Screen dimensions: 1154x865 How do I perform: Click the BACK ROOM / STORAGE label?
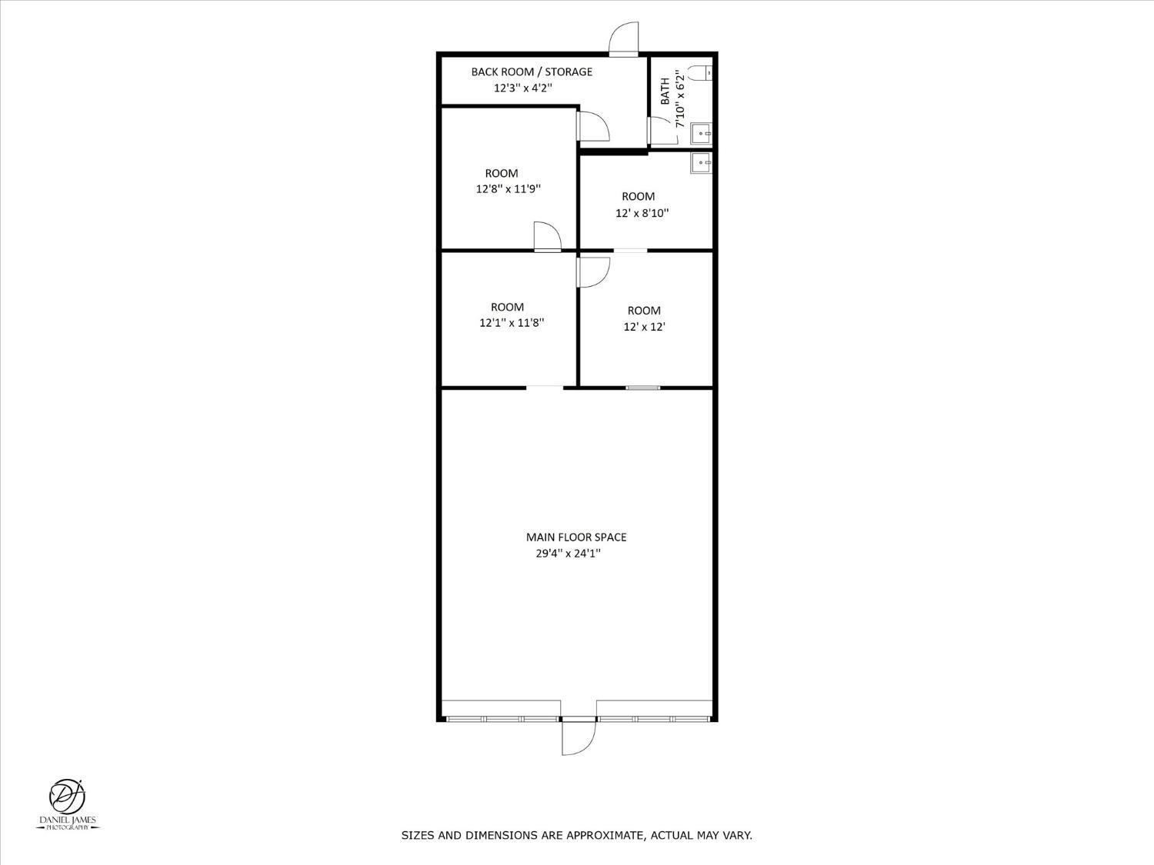point(532,72)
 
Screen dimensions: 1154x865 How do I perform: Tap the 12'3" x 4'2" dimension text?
point(522,88)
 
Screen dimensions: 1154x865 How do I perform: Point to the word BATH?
point(665,91)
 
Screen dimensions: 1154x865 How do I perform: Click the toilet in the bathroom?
point(700,72)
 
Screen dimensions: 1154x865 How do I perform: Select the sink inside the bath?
point(701,133)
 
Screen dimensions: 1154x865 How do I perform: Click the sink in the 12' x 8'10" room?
point(701,163)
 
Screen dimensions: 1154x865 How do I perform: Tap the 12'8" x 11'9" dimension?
point(509,189)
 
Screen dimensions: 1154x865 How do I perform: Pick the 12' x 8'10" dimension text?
point(642,213)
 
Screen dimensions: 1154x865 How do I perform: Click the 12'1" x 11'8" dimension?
point(512,322)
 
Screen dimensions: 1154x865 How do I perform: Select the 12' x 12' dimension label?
point(645,327)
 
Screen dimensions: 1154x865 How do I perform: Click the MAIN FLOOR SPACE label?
point(576,537)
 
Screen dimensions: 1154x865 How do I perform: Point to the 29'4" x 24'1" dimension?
point(569,553)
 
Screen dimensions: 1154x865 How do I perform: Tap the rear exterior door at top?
point(623,38)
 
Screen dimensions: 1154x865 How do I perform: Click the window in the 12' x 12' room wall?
point(643,388)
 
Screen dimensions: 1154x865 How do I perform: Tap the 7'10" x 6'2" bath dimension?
point(680,98)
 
